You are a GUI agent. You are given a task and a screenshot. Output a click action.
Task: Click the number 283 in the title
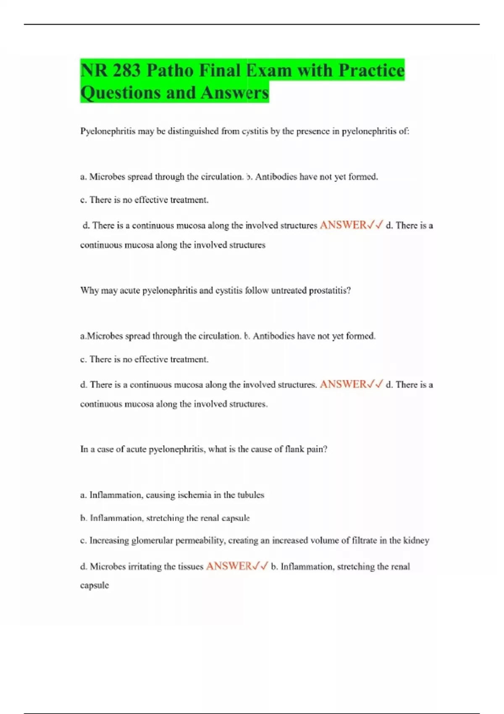tap(126, 71)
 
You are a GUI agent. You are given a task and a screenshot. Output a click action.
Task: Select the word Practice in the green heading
tap(371, 71)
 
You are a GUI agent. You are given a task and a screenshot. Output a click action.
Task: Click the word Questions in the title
tap(121, 93)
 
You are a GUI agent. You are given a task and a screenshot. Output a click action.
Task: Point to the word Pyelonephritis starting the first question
tap(108, 131)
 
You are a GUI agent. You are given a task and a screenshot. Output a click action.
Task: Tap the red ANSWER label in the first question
tap(343, 225)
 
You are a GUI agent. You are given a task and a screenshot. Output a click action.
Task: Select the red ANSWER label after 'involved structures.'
tap(343, 384)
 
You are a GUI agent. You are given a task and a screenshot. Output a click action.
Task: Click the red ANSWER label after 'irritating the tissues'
tap(229, 566)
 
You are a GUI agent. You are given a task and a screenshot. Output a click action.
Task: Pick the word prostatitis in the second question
tap(330, 291)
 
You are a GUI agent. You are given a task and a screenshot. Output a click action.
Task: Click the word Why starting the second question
tap(89, 291)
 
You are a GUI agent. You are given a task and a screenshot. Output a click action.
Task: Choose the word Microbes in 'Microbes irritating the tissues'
tap(108, 567)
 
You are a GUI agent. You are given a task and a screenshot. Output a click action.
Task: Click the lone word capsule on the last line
tap(94, 585)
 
